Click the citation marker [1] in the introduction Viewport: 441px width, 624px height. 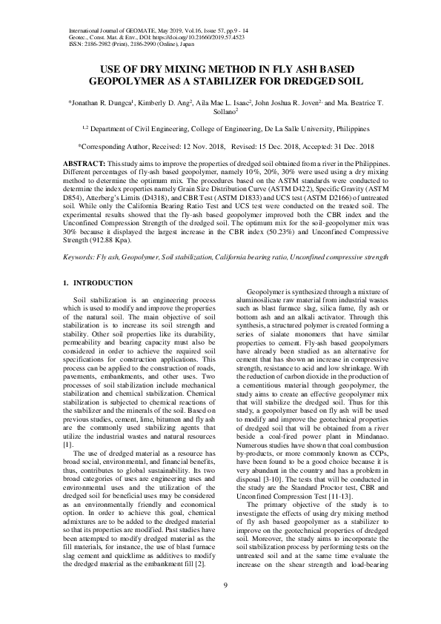(64, 422)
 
